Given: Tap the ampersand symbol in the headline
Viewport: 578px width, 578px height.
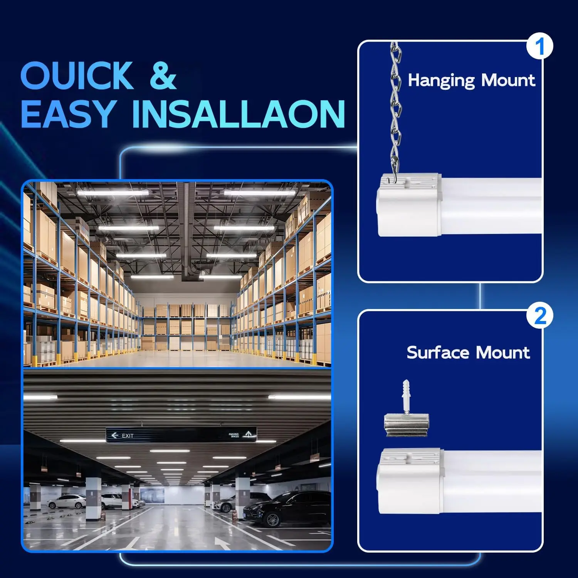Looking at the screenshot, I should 163,76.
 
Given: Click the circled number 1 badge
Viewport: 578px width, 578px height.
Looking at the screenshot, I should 539,46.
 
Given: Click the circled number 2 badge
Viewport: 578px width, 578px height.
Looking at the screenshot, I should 540,316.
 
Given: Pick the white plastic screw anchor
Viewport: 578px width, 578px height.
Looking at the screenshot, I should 406,397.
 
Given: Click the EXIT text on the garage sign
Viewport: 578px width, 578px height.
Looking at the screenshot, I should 128,436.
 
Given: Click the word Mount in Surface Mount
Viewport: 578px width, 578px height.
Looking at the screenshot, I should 502,353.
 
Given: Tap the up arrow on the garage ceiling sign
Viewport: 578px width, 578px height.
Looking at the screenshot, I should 249,434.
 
